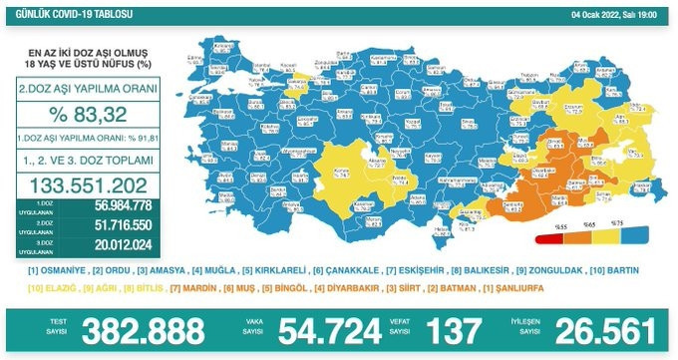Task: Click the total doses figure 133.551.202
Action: coord(91,185)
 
